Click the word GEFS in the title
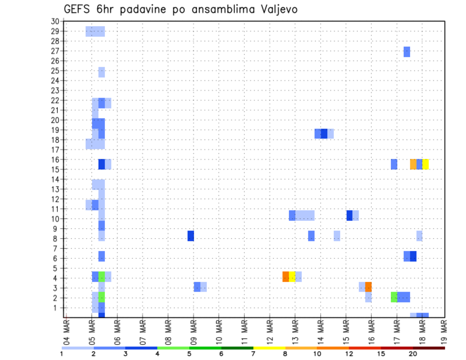(77, 9)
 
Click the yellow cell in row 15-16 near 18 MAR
(426, 164)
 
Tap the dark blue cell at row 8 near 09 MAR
(191, 236)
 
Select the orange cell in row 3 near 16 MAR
(368, 287)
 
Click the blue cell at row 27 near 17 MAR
(407, 51)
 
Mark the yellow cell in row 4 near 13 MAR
(292, 277)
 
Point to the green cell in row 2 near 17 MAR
(394, 297)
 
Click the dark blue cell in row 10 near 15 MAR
(349, 215)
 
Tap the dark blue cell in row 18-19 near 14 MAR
(324, 133)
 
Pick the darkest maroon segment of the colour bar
(429, 348)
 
